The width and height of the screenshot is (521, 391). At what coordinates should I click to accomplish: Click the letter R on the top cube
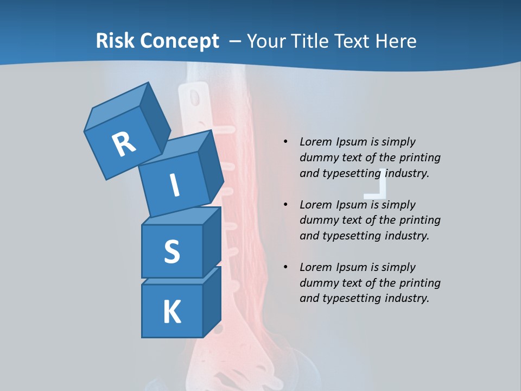124,144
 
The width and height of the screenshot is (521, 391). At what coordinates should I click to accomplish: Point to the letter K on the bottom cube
171,312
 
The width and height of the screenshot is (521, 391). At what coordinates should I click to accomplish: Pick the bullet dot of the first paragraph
285,142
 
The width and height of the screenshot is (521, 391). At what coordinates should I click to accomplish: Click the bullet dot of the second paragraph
285,205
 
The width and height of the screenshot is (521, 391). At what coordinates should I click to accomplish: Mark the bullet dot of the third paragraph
285,267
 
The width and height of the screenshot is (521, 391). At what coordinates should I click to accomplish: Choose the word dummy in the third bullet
317,283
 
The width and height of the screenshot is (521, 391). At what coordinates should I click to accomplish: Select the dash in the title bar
236,41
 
